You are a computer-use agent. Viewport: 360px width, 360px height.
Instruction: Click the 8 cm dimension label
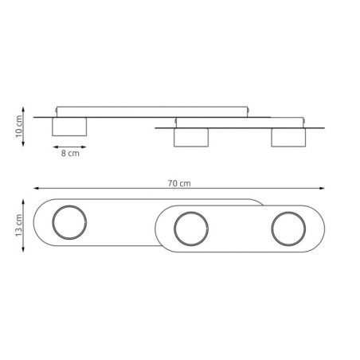[70, 155]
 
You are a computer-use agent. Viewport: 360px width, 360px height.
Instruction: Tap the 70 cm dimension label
[180, 182]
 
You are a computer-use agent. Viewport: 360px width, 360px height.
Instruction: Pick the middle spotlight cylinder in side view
[191, 137]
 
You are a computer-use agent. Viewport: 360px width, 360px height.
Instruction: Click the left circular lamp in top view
[67, 222]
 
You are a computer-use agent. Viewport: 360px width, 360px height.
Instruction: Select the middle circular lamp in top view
[190, 229]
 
